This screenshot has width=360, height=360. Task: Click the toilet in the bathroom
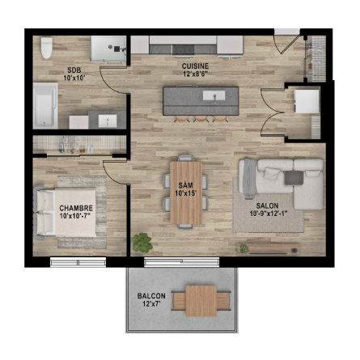click(46, 48)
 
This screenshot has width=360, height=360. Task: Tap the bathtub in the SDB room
click(45, 105)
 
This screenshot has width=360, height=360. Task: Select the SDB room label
click(74, 70)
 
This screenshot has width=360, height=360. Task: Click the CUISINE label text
click(195, 66)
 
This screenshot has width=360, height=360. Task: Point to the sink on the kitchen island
click(214, 95)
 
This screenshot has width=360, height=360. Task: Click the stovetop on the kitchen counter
click(184, 49)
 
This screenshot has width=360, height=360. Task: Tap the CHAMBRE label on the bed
click(76, 208)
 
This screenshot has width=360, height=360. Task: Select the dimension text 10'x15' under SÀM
click(185, 193)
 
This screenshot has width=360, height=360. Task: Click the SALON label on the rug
click(267, 205)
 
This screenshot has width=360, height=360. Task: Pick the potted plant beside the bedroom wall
click(142, 243)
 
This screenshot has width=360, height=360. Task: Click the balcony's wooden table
click(201, 301)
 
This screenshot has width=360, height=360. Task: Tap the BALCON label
click(151, 296)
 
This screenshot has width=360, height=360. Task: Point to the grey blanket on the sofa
click(249, 178)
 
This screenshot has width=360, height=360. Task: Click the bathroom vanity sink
click(108, 121)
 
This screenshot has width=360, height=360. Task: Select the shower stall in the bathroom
click(108, 49)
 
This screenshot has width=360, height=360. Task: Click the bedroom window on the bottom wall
click(78, 262)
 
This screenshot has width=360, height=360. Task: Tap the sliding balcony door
click(182, 262)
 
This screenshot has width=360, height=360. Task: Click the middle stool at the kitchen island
click(201, 118)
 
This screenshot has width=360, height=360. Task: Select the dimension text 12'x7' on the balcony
click(151, 304)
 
